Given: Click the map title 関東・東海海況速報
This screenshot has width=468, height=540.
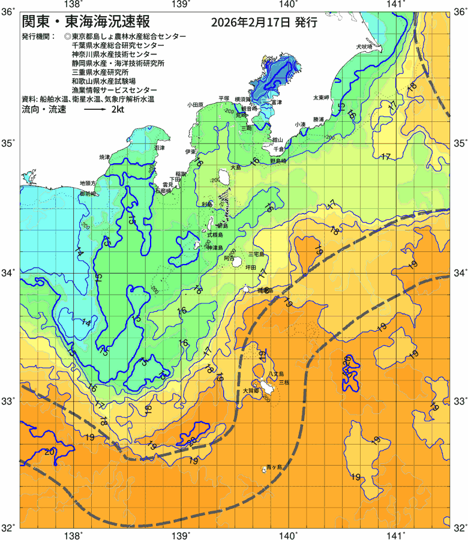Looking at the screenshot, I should [x=86, y=22].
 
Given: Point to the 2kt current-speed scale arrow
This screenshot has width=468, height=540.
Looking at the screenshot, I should [x=94, y=110].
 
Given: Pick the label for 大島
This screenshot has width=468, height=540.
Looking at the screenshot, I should [x=235, y=167].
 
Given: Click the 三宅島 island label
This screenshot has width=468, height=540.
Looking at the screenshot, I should [x=256, y=254].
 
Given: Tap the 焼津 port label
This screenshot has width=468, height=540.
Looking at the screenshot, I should [x=104, y=157].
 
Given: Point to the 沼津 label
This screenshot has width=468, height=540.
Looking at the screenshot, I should [x=158, y=147].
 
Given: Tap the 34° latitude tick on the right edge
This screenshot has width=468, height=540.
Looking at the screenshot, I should [x=459, y=273].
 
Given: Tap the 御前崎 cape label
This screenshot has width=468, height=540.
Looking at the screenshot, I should [x=88, y=194].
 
